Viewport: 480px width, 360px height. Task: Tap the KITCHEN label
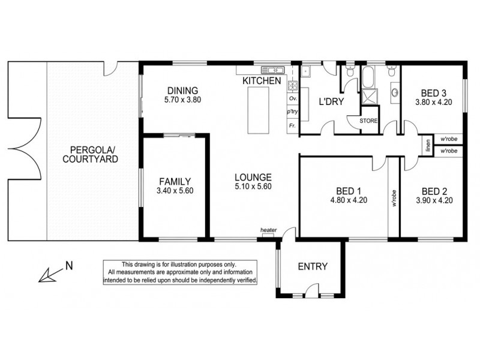[262, 80]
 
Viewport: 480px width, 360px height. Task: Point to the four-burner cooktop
[293, 84]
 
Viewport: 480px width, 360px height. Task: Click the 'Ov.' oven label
[293, 98]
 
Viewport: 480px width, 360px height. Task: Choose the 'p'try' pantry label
[293, 112]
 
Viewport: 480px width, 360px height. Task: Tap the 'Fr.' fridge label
[293, 126]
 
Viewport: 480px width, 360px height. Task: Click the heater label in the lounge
[268, 230]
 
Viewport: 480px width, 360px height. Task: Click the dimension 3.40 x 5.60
[175, 191]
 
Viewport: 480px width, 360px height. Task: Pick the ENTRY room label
[313, 267]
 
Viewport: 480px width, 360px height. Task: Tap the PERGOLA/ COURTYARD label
[93, 154]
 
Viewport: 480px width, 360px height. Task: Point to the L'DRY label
[330, 101]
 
